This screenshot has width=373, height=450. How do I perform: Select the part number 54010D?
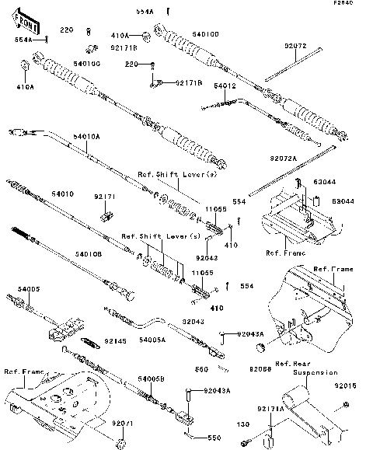coord(205,34)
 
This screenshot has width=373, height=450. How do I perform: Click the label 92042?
coord(207,257)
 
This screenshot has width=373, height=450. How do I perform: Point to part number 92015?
coord(346,385)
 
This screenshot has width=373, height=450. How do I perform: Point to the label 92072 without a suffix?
coord(295,47)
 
